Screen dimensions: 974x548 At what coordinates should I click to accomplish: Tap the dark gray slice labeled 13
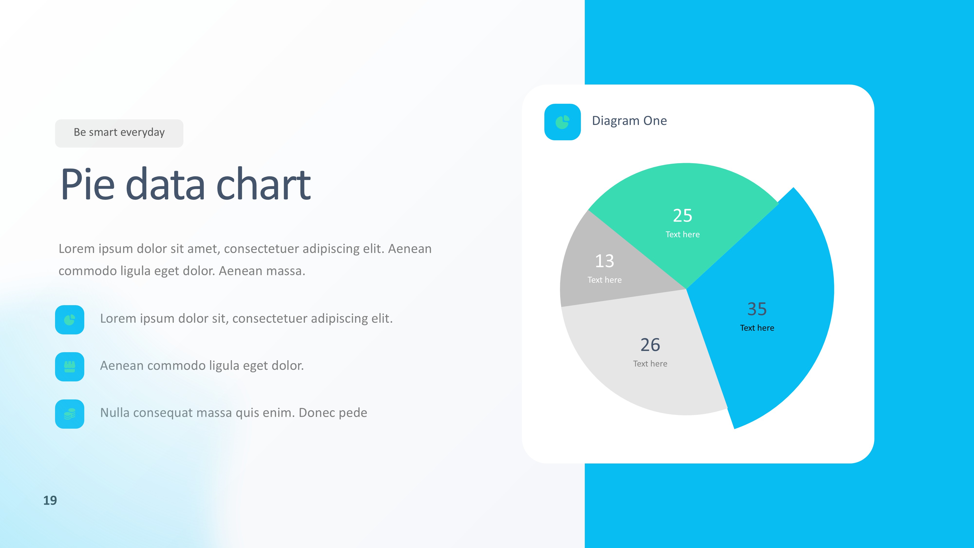coord(613,265)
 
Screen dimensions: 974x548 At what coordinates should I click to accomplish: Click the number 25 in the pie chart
coord(682,216)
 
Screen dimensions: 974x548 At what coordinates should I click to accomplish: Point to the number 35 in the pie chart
coord(757,309)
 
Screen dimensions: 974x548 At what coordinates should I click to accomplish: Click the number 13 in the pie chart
coord(604,261)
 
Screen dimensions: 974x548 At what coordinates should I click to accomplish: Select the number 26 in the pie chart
coord(650,345)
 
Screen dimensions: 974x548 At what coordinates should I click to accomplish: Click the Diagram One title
coord(629,121)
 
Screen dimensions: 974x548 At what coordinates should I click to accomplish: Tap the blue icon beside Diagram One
coord(562,122)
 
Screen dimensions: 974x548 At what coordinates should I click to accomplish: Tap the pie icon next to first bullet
coord(70,320)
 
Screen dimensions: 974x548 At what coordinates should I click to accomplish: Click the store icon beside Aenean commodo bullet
coord(70,367)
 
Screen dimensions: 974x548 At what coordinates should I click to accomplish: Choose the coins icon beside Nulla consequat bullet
coord(70,414)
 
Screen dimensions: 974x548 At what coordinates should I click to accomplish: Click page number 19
coord(50,500)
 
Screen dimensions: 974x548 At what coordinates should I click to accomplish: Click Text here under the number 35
coord(757,328)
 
